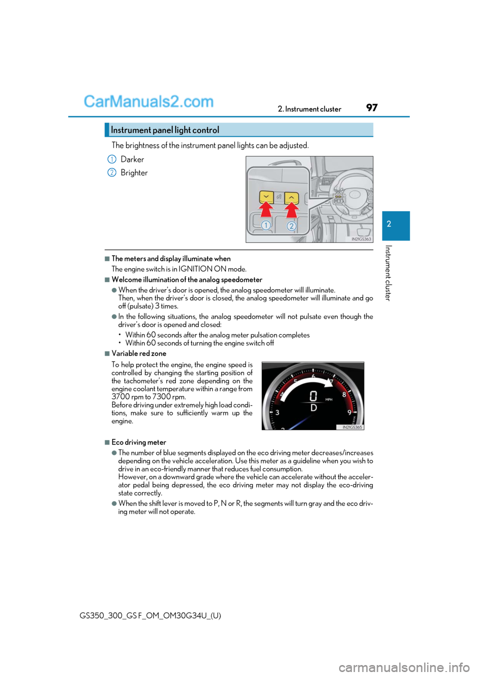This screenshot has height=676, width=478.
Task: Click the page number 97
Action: pos(372,108)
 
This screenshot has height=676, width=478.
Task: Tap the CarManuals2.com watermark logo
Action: pos(148,102)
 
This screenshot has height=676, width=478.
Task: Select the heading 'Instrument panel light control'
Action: pos(165,130)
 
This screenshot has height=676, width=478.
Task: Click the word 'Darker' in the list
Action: pos(132,159)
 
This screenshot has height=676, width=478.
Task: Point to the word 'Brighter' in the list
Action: pos(134,173)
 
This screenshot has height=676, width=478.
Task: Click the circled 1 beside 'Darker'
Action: pos(112,159)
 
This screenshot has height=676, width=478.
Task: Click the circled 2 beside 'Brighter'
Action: pos(112,173)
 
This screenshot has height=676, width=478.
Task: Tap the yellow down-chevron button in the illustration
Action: pos(266,197)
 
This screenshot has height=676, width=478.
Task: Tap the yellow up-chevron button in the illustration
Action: pos(291,198)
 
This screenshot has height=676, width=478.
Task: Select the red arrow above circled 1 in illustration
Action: pos(266,209)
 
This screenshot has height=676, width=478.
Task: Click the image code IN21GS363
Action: pos(361,239)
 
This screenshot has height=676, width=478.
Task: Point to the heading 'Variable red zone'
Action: pos(139,353)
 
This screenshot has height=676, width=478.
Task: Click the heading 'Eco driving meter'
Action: pos(139,442)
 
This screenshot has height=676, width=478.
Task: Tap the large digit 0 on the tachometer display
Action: pos(313,396)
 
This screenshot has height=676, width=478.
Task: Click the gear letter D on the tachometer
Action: pos(314,408)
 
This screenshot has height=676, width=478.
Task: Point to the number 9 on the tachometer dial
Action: pos(350,412)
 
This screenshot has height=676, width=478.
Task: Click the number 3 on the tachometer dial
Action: pos(277,412)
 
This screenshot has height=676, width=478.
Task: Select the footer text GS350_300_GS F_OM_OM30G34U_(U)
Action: pos(150,615)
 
